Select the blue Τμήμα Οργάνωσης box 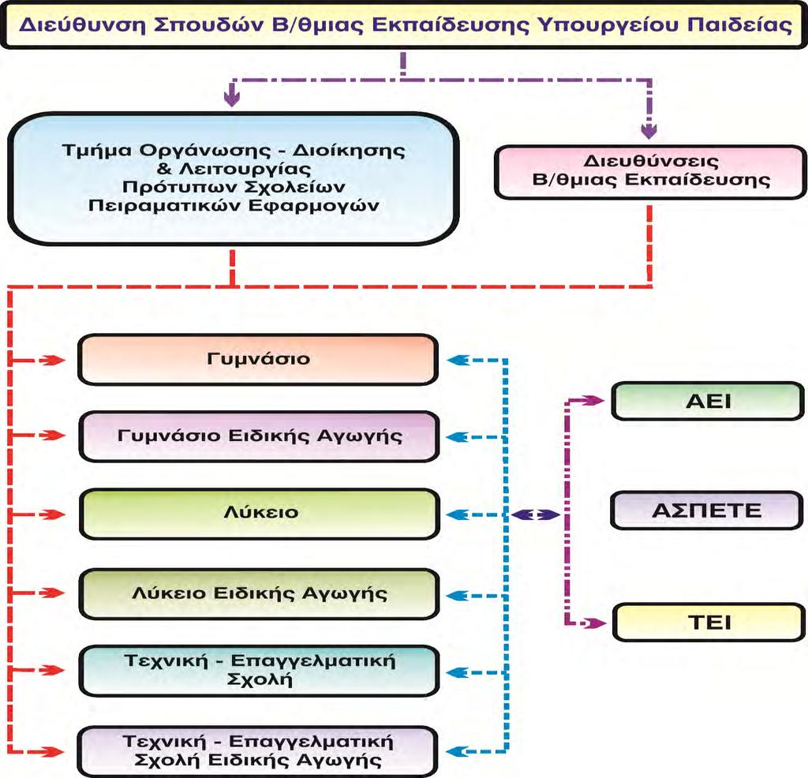[x=234, y=178]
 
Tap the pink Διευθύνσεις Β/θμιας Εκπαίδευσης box [x=650, y=172]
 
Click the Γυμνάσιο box [x=258, y=360]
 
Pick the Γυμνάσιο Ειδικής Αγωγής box [x=259, y=436]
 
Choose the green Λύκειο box [x=260, y=514]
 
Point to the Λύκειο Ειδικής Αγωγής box [x=259, y=593]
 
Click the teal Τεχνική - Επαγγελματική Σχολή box [x=259, y=671]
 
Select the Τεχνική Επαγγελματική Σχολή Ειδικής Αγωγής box [x=258, y=751]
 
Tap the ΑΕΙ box [x=708, y=401]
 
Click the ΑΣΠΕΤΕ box [x=707, y=511]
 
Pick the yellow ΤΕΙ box [x=709, y=623]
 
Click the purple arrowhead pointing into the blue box [x=232, y=96]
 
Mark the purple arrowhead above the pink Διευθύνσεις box [x=649, y=130]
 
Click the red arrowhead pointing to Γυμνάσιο [x=53, y=360]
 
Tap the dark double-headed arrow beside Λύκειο [x=536, y=514]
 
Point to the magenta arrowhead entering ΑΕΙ [x=593, y=400]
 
